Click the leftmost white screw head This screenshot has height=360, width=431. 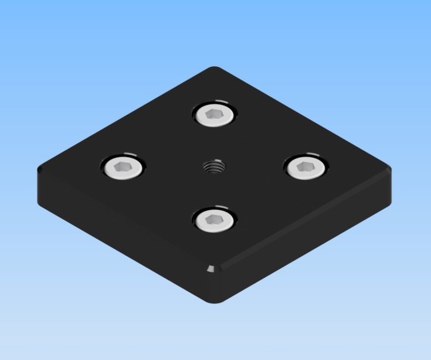(124, 167)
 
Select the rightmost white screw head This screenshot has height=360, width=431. (305, 167)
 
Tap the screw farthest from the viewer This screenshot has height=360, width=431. (215, 115)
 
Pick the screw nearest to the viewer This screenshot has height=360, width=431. (215, 220)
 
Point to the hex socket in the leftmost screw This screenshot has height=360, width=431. (123, 167)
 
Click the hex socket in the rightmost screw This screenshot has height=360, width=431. (305, 167)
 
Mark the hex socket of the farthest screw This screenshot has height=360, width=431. (214, 115)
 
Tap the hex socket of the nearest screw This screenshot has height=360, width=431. (214, 219)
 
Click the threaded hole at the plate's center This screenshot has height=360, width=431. (214, 167)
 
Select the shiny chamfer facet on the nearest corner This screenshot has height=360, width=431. (213, 268)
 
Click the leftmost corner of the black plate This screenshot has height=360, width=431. (40, 170)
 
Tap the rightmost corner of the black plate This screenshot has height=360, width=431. (391, 170)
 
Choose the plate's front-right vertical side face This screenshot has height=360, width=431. (309, 241)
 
